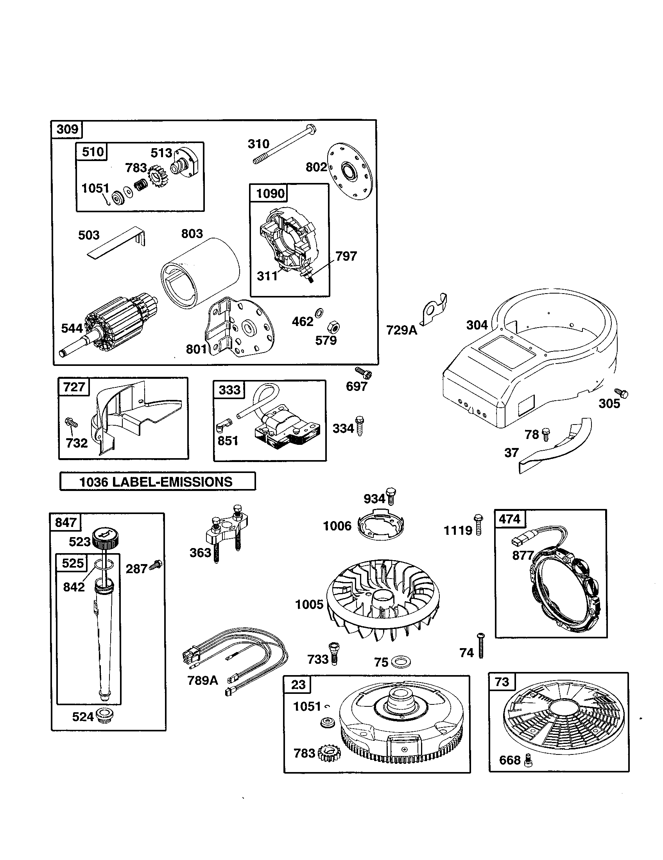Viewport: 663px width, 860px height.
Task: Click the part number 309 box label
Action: (x=67, y=129)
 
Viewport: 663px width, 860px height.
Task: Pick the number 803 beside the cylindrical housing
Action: (x=192, y=233)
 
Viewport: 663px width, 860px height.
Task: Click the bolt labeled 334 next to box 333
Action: (x=359, y=426)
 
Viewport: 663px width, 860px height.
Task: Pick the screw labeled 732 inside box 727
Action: (x=71, y=423)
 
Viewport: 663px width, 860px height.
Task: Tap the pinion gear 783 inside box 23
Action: (x=330, y=753)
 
